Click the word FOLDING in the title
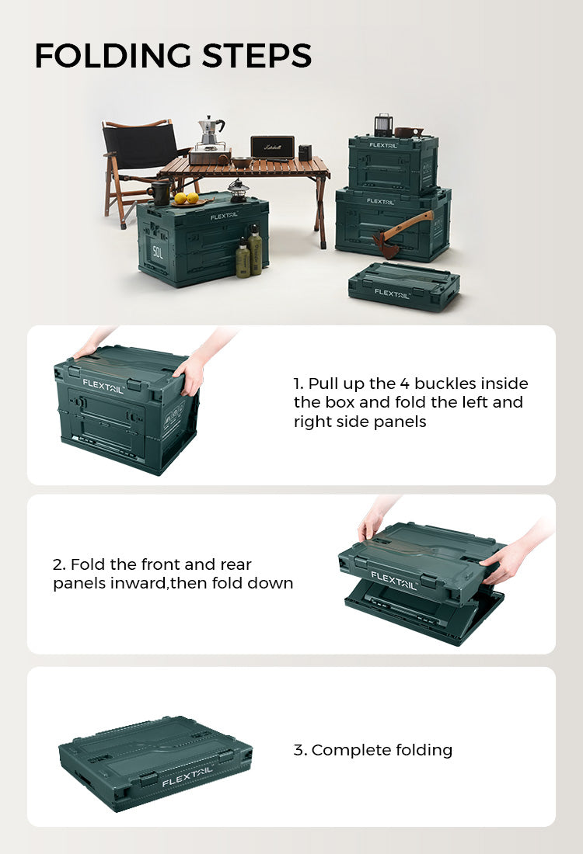[x=113, y=56]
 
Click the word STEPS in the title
[x=257, y=56]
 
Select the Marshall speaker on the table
[x=272, y=148]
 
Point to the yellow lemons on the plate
[x=186, y=198]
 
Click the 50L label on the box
[x=158, y=252]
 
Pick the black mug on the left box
[x=159, y=193]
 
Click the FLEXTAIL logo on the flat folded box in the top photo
[x=392, y=293]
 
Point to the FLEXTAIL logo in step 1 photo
[x=103, y=386]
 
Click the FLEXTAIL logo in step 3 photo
[x=187, y=776]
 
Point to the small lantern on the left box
[x=238, y=191]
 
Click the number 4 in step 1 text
[x=404, y=384]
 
